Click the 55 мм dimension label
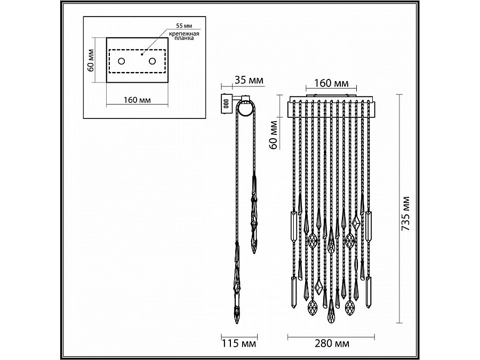tap(183, 26)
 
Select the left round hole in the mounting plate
tap(122, 61)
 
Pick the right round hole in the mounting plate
tap(152, 61)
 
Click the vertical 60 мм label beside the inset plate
tap(91, 60)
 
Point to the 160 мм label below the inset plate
tap(137, 100)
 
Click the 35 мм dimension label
tap(249, 80)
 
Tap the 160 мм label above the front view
tap(332, 83)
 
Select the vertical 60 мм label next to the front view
tap(274, 135)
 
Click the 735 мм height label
tap(405, 214)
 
